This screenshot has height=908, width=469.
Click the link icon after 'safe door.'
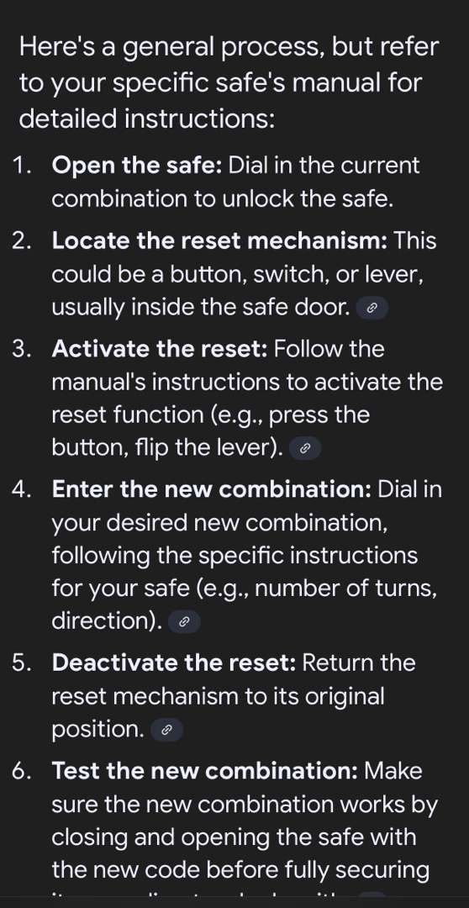click(372, 308)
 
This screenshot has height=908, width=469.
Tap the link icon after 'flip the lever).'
click(304, 448)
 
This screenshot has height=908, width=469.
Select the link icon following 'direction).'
click(184, 621)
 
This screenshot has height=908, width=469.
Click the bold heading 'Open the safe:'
click(137, 166)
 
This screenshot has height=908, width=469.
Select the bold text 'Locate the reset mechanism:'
click(219, 241)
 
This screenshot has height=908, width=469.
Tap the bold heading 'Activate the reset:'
click(160, 349)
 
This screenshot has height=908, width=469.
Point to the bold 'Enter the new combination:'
click(211, 489)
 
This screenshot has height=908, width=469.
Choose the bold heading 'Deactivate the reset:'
click(174, 663)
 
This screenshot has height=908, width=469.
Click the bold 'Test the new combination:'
click(205, 771)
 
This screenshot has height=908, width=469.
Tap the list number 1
click(21, 166)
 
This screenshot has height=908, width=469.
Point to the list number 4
click(21, 489)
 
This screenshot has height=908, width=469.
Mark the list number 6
click(21, 771)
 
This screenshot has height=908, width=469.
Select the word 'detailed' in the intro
click(68, 119)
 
